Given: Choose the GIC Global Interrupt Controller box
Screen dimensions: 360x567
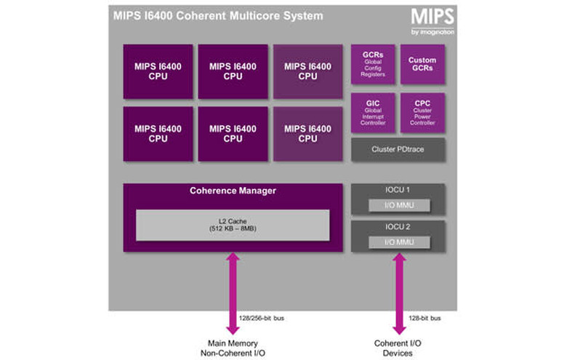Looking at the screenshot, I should coord(372,113).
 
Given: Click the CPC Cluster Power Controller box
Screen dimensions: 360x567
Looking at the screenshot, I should coord(422,113).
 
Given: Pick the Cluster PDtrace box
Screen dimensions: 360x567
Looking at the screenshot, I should coord(397,149).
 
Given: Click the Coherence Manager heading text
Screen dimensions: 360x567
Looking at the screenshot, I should coord(233,191).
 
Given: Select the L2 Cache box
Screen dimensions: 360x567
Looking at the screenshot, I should coord(233,225).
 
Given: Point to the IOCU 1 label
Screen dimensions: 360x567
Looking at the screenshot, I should coord(397,190).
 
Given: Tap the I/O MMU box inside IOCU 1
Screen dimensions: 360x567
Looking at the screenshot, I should coord(397,205).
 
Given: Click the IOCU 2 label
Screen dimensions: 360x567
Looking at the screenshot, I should coord(397,227).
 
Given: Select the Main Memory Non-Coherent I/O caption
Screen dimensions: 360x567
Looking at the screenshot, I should coord(233,348).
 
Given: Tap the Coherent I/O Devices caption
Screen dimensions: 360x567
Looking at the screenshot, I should coord(398,348).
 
